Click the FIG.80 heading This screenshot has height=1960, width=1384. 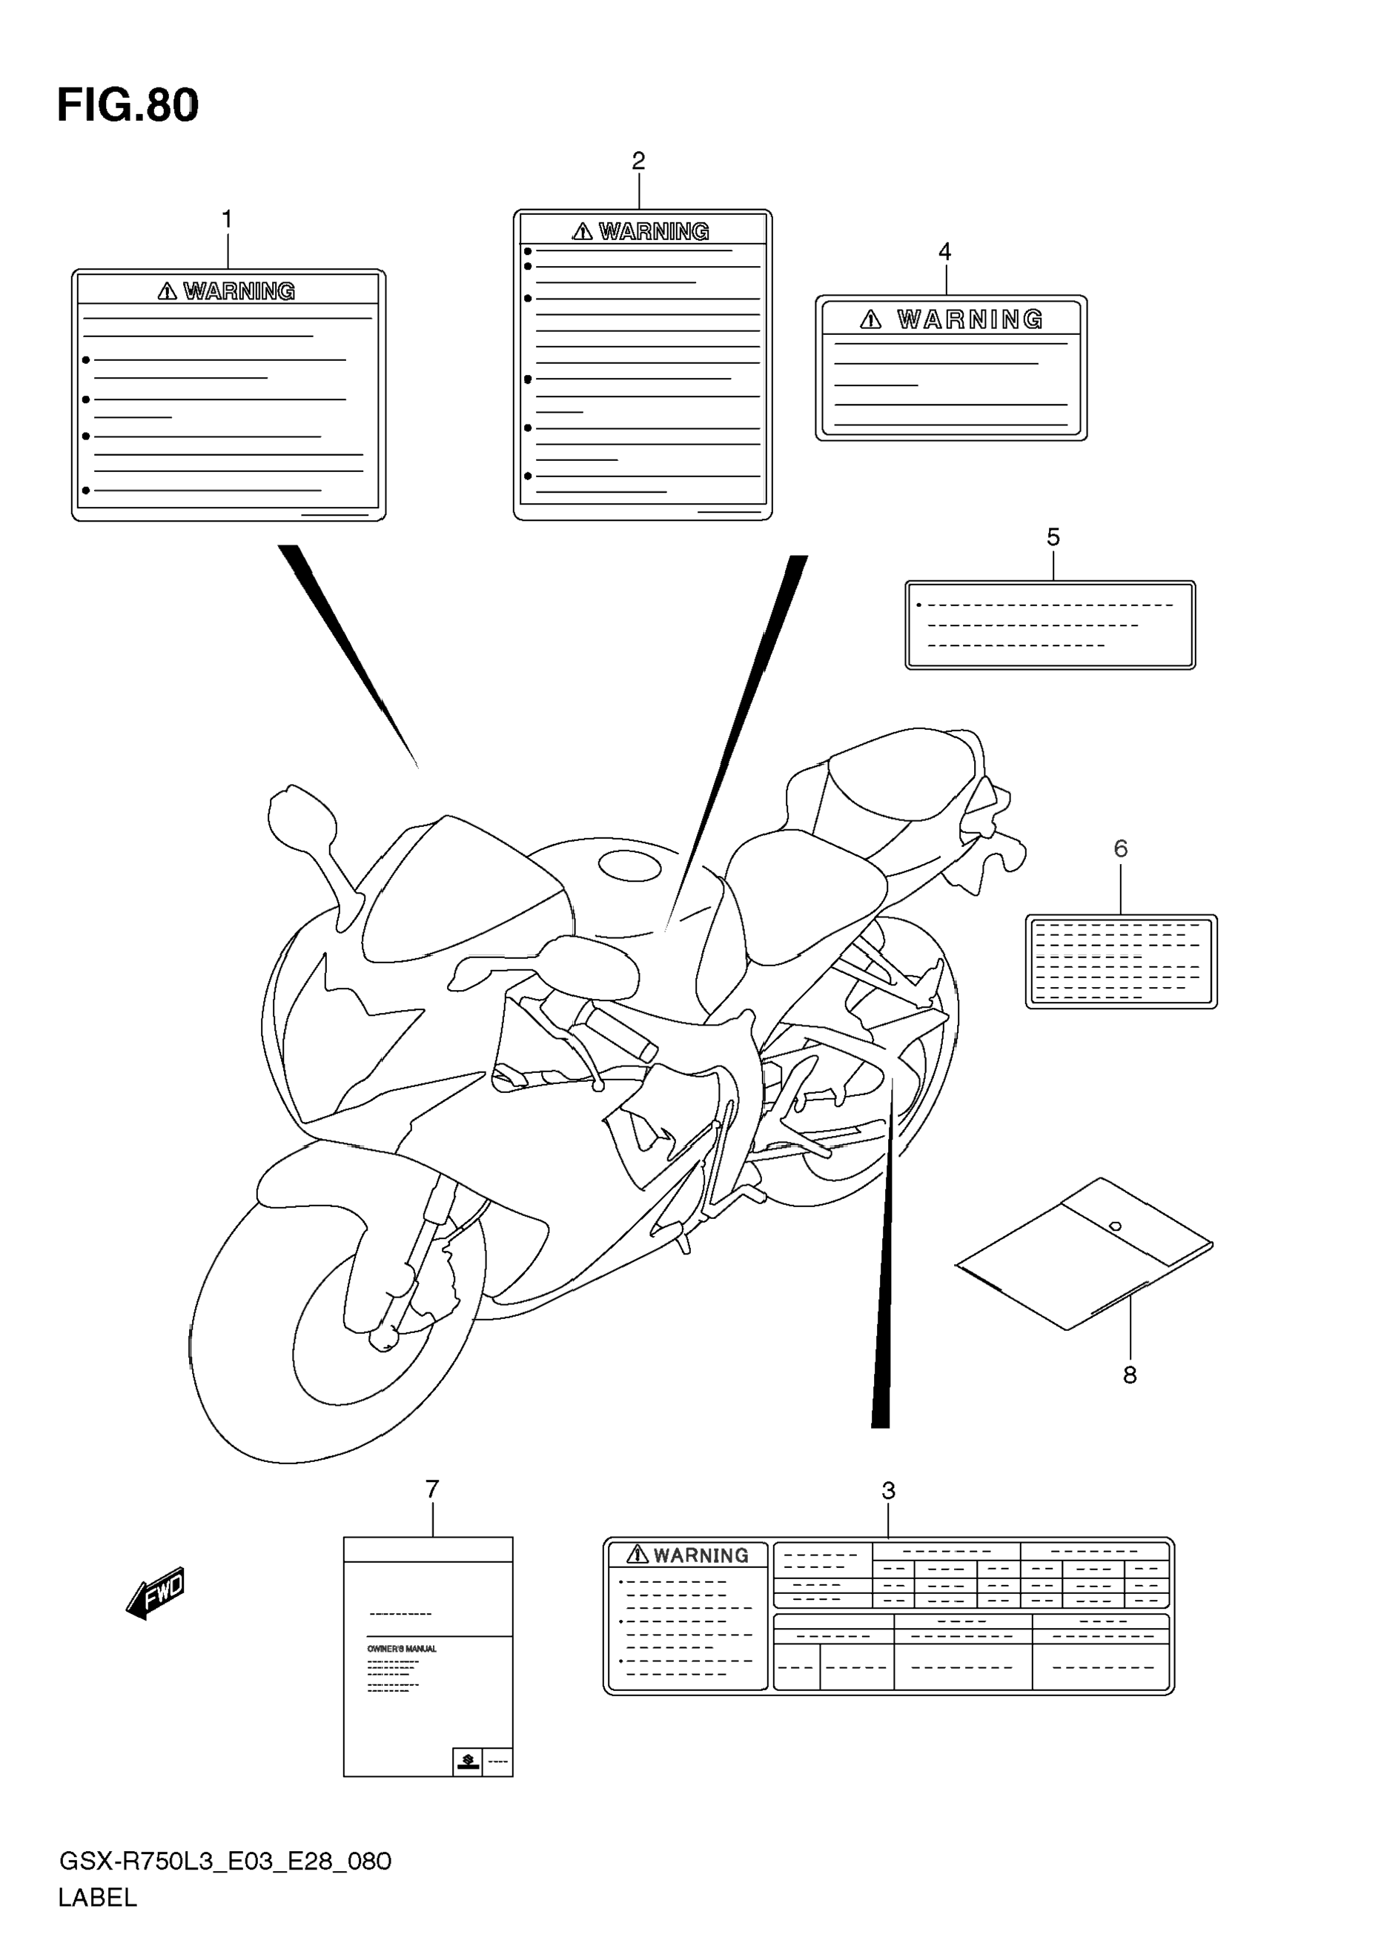pos(128,106)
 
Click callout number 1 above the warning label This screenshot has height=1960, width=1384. pos(227,219)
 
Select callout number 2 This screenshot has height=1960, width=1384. pos(639,161)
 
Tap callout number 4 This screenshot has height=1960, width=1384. pos(945,252)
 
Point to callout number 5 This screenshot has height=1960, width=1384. pos(1053,538)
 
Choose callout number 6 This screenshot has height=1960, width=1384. pos(1121,848)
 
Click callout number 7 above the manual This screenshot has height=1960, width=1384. pos(432,1489)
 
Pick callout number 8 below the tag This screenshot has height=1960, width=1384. pos(1130,1375)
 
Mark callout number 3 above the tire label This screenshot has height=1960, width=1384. pos(888,1492)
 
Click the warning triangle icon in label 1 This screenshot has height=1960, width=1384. pos(168,291)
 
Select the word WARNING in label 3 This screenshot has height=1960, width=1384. pos(701,1555)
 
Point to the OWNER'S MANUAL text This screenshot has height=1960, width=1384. pos(401,1649)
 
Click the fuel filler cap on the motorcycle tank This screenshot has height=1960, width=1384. pos(630,866)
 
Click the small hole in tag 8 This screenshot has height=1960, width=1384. pos(1115,1226)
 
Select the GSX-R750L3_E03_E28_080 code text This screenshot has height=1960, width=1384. pos(225,1861)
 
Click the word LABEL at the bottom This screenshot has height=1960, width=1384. pos(97,1898)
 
